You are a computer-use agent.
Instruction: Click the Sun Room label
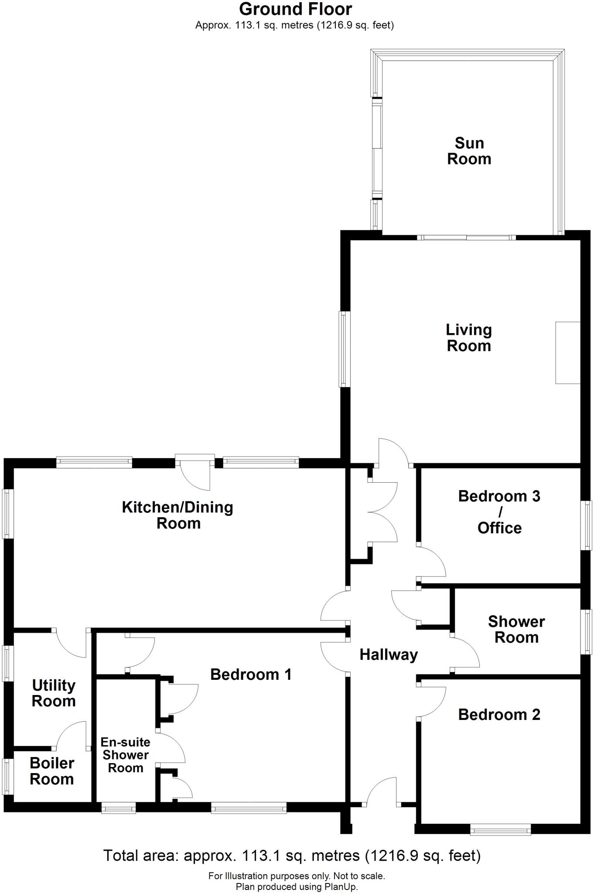(x=469, y=151)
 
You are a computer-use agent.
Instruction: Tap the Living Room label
(x=469, y=337)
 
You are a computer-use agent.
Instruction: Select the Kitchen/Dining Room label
(x=178, y=515)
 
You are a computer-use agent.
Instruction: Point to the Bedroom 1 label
(x=251, y=675)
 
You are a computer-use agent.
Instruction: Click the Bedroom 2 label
(x=499, y=715)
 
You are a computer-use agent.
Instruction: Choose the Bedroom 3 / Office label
(x=499, y=512)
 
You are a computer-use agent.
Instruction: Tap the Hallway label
(x=389, y=654)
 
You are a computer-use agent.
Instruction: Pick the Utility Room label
(x=54, y=693)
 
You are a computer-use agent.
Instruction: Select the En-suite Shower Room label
(x=126, y=755)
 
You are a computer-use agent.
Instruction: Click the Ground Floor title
(x=295, y=9)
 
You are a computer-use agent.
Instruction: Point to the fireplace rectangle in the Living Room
(x=567, y=353)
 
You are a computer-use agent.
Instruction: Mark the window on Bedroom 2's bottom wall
(x=500, y=829)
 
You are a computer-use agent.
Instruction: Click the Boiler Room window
(x=8, y=777)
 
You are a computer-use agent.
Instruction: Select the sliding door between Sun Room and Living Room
(x=466, y=238)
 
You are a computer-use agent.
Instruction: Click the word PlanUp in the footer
(x=341, y=886)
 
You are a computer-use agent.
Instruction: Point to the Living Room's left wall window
(x=345, y=349)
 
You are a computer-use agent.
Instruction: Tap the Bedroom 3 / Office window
(x=588, y=525)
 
